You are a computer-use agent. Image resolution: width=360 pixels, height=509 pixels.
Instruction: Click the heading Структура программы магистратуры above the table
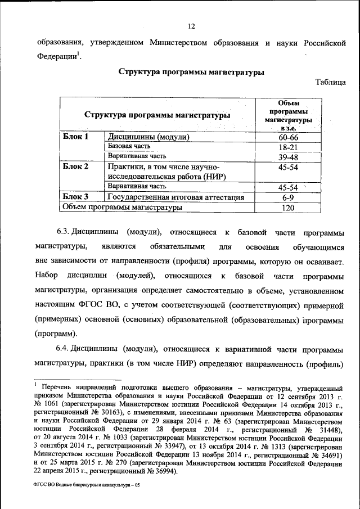[191, 71]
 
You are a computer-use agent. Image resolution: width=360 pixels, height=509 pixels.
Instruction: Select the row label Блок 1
[75, 137]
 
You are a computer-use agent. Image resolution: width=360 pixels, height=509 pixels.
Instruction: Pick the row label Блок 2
[75, 166]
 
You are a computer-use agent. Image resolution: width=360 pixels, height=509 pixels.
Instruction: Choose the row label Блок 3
[75, 197]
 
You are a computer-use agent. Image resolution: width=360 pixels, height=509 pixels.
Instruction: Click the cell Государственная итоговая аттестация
[175, 197]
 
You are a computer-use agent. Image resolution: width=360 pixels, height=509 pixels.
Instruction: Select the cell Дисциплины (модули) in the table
[148, 137]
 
